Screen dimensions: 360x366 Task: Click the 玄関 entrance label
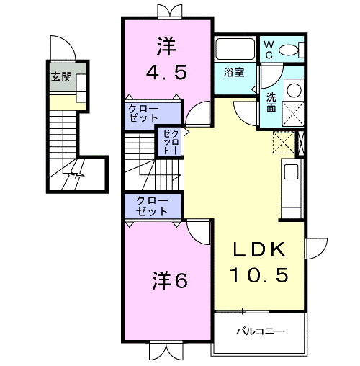pos(61,77)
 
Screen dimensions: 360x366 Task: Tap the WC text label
pos(269,50)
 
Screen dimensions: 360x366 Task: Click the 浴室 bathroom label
pos(234,72)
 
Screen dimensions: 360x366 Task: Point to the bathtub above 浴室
pos(235,49)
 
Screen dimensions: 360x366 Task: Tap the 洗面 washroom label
pos(271,103)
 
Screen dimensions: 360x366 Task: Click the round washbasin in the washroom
pos(294,91)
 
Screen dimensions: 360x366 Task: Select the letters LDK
pos(260,250)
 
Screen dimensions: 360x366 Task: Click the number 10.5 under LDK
pos(259,274)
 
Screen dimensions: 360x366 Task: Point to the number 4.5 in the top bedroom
pos(166,73)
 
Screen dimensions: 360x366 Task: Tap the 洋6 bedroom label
pos(169,280)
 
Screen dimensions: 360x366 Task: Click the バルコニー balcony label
pos(260,331)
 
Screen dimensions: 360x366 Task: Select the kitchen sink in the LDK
pos(291,171)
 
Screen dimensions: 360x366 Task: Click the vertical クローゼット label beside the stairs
pos(171,142)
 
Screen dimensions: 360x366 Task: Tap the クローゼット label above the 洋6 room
pos(152,206)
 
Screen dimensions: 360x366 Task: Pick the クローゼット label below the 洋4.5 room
pos(143,113)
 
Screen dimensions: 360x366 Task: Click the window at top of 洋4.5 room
pos(170,12)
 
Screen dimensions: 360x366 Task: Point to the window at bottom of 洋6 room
pos(166,350)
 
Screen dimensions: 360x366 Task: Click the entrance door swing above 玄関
pos(63,48)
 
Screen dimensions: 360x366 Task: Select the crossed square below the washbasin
pos(293,114)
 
